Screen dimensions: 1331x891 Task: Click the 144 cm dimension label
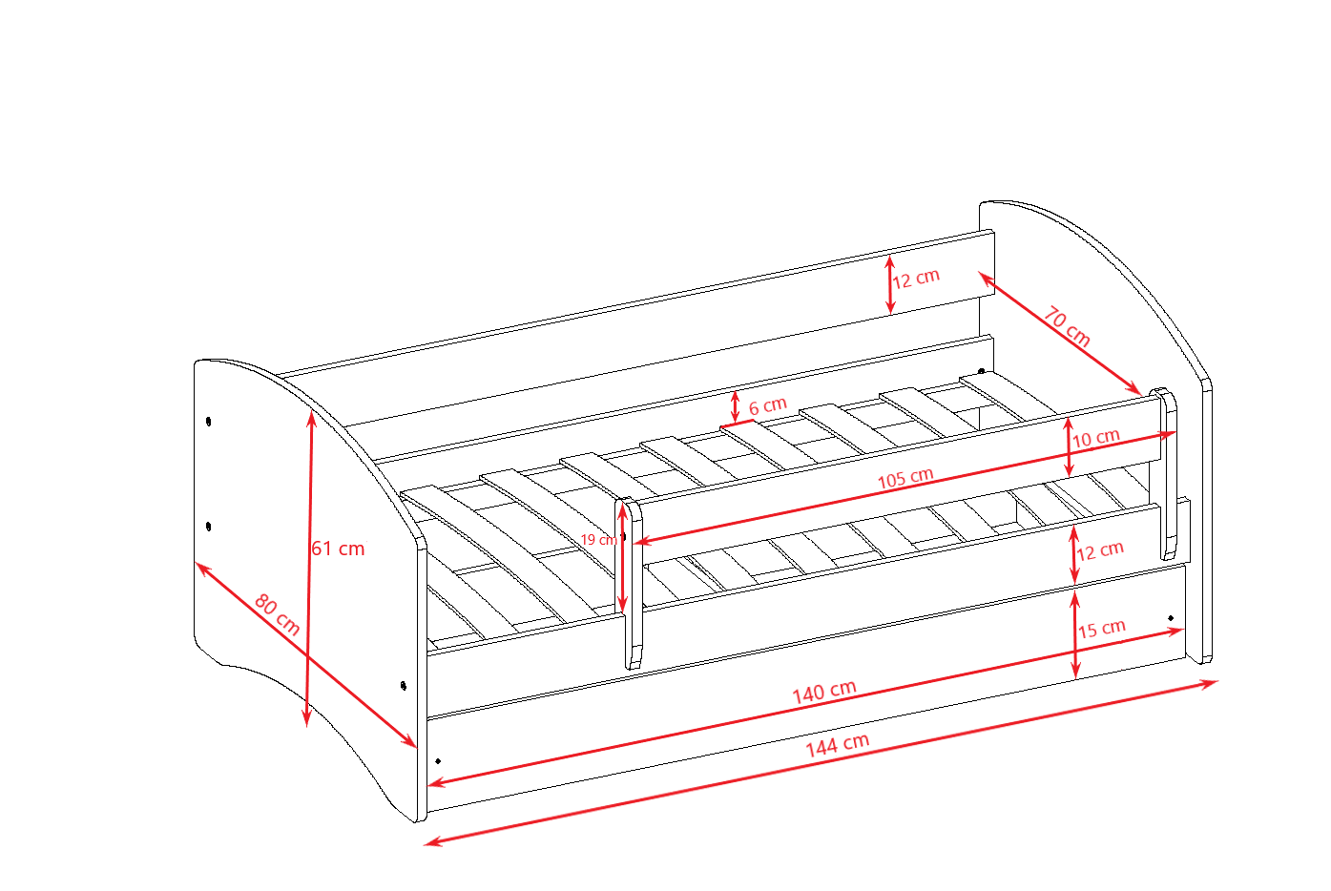(x=837, y=745)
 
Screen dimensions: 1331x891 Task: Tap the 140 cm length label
(x=824, y=692)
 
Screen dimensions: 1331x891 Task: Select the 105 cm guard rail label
(x=905, y=478)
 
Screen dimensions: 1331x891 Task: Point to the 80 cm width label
(x=277, y=614)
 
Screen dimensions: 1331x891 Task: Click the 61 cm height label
(x=338, y=549)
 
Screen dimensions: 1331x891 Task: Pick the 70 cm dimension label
(x=1067, y=326)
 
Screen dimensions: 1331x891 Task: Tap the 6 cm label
(x=768, y=405)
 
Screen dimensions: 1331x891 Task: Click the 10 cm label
(x=1095, y=438)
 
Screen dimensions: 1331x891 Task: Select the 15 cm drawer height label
(x=1102, y=629)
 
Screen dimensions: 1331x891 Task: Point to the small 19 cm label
(x=599, y=540)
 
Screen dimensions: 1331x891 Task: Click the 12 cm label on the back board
(x=916, y=278)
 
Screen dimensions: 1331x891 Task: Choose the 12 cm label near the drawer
(x=1100, y=550)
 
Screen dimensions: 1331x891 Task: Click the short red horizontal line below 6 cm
(x=737, y=424)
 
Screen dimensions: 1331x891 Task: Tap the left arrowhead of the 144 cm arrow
(x=432, y=841)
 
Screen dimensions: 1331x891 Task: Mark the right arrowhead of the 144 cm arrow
(x=1210, y=683)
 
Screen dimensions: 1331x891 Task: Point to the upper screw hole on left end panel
(x=208, y=421)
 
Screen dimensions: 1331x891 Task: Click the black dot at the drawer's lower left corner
(x=438, y=761)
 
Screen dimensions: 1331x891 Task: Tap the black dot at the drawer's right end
(x=1171, y=618)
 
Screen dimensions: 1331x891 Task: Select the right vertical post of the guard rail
(x=1168, y=474)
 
